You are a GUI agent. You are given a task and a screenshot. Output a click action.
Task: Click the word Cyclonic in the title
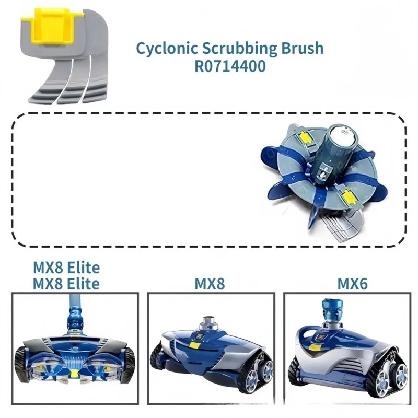(167, 48)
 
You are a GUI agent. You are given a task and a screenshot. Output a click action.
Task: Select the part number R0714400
(230, 66)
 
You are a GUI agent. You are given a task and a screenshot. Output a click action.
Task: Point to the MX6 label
(352, 284)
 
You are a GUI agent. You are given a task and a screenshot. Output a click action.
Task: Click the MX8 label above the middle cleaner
(210, 284)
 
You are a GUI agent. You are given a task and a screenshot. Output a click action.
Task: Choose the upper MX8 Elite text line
(66, 268)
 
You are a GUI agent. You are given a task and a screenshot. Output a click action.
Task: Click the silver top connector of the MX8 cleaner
(210, 323)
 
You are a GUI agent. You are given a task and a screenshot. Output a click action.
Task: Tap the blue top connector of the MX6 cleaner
(331, 309)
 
